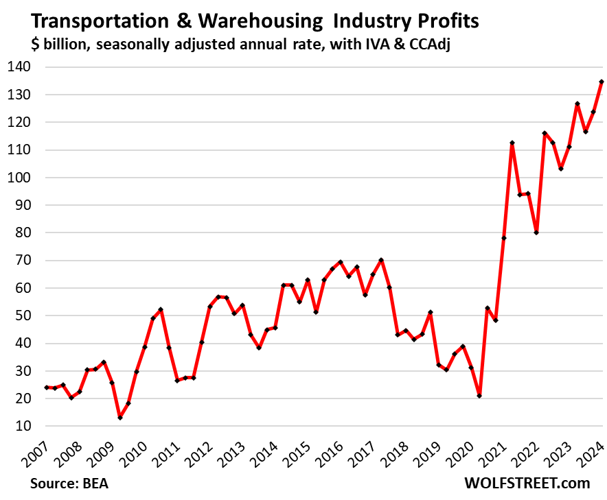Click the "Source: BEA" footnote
pos(69,483)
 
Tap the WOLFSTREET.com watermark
pos(527,483)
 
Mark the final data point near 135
pos(602,82)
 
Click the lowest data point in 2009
pos(120,418)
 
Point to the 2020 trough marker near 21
pos(479,396)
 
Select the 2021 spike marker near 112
pos(512,143)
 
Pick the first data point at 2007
pos(47,388)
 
